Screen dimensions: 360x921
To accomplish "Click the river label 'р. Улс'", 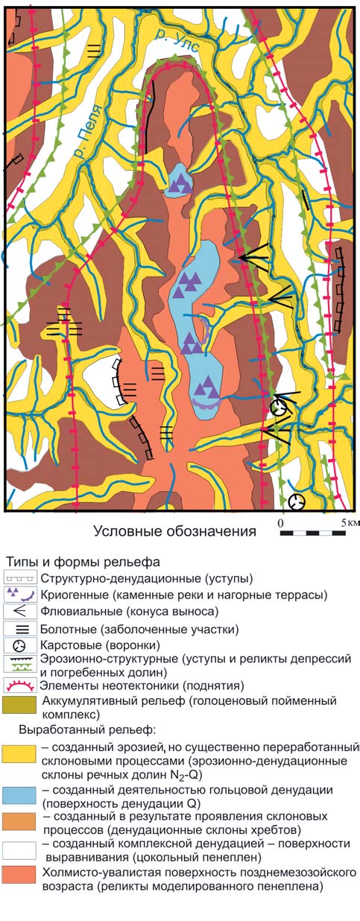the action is click(177, 40).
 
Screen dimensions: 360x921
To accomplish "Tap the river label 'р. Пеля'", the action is click(88, 132).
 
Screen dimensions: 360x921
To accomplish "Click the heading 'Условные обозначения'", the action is click(175, 531).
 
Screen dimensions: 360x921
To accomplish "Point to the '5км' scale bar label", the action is click(350, 523).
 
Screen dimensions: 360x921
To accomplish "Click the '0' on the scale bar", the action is click(280, 523).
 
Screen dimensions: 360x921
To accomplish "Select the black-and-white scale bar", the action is click(313, 533).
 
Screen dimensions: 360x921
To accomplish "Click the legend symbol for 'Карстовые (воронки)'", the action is click(19, 646).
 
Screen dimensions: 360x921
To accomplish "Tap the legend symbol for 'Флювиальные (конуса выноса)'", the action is click(19, 612).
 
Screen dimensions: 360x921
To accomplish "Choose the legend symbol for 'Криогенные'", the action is click(19, 595).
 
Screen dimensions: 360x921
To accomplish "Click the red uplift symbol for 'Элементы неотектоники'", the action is click(19, 686).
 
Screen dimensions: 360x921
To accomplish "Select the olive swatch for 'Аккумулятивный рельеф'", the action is click(19, 705).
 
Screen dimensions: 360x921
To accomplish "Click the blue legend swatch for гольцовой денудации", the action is click(19, 795).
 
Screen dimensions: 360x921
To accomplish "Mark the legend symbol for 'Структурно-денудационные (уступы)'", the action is click(20, 577).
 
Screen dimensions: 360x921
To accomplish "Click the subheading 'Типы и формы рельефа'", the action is click(83, 562).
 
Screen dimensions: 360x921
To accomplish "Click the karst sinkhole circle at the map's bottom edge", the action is click(297, 502).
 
